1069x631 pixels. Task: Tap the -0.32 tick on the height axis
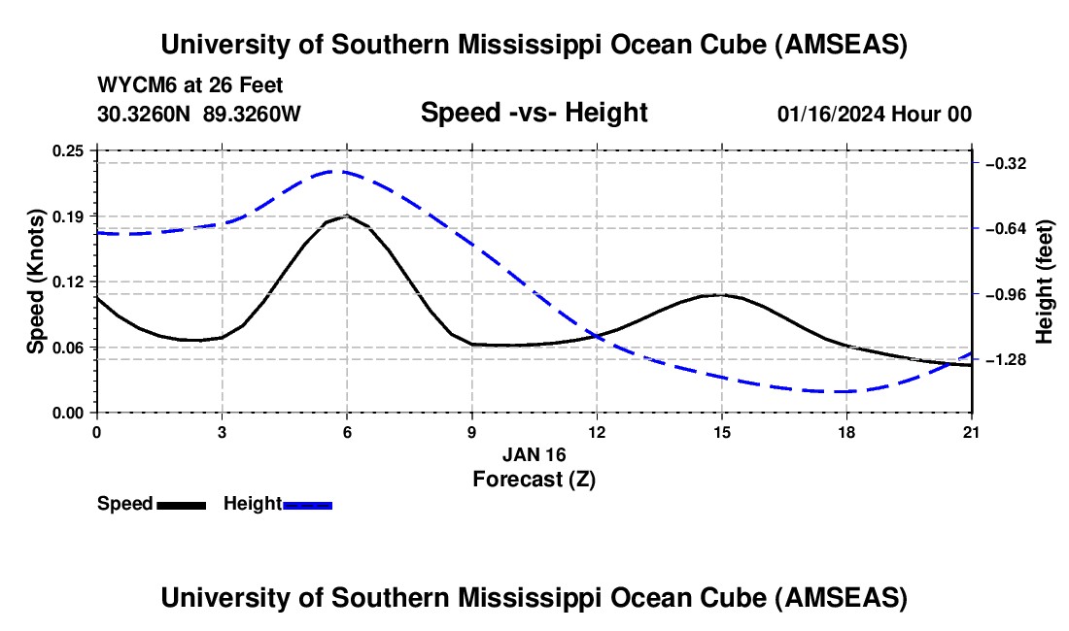click(1006, 163)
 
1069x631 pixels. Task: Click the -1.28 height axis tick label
click(1006, 360)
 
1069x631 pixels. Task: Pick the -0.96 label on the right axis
click(1006, 294)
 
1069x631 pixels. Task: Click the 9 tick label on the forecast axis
click(471, 431)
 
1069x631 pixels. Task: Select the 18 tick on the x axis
click(846, 431)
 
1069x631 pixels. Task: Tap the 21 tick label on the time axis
click(972, 431)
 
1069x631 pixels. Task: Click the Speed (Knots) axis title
click(36, 282)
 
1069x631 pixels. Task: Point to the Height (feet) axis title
click(1046, 282)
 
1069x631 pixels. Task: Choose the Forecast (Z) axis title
click(534, 479)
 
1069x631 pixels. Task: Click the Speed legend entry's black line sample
click(181, 505)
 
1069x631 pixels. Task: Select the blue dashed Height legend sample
click(308, 505)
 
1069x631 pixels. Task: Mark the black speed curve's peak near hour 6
click(347, 216)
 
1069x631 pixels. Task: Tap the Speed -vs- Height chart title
click(534, 114)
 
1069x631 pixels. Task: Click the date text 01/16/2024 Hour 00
click(874, 115)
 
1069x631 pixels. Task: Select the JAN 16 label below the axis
click(534, 454)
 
